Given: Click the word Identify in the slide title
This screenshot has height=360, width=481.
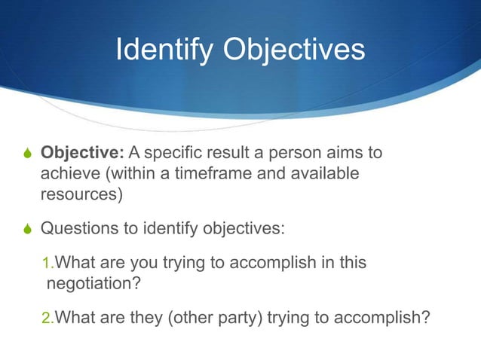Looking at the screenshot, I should pyautogui.click(x=159, y=50).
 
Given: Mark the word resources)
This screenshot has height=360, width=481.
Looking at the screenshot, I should pyautogui.click(x=79, y=194).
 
